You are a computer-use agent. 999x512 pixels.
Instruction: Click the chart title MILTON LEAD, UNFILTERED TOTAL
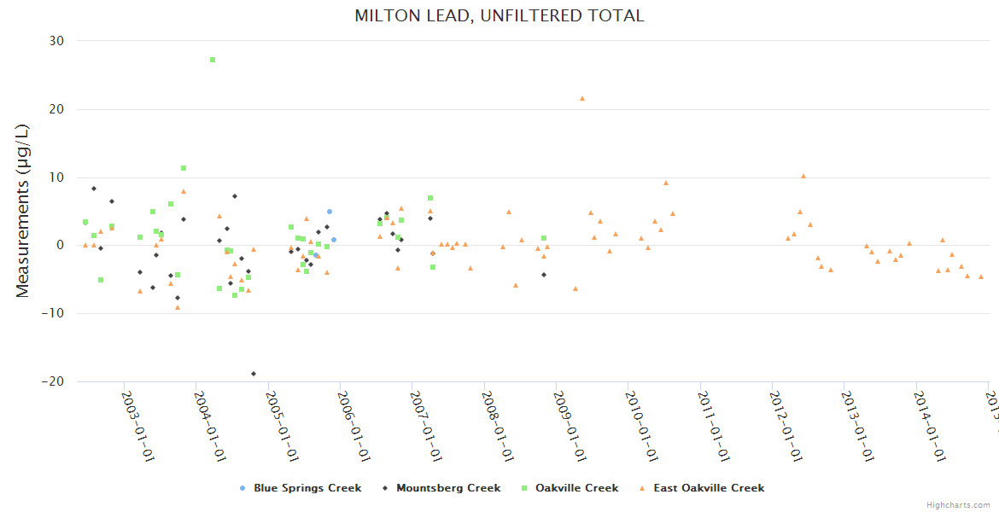coord(499,16)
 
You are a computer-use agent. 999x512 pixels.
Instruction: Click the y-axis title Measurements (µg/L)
coord(23,211)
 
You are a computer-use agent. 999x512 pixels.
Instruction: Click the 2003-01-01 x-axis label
coord(137,427)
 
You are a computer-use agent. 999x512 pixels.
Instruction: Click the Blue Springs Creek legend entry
coord(301,488)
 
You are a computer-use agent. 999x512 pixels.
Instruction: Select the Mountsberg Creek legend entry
coord(441,488)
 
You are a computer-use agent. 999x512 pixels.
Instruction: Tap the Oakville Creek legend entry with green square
coord(570,488)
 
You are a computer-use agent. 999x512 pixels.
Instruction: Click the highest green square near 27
coord(213,60)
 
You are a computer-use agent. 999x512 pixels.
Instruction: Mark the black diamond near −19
coord(254,374)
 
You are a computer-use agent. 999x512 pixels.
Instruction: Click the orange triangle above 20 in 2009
coord(582,98)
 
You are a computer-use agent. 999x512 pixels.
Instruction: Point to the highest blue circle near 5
coord(330,212)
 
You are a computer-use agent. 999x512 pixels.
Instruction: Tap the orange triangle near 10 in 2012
coord(803,176)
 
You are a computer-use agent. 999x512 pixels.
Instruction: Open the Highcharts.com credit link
coord(959,504)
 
